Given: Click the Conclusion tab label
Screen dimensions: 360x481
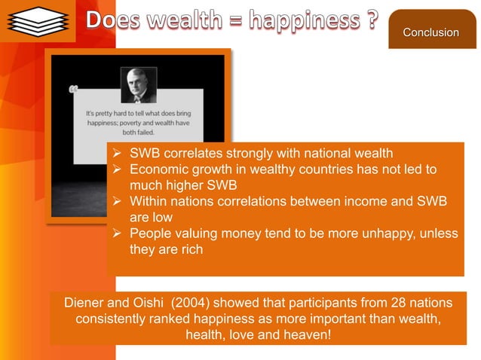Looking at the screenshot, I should click(430, 32).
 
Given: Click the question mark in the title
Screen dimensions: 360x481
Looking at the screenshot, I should click(369, 21).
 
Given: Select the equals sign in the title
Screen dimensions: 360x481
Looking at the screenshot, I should click(228, 23).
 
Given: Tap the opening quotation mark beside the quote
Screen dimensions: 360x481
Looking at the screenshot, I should click(73, 91).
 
